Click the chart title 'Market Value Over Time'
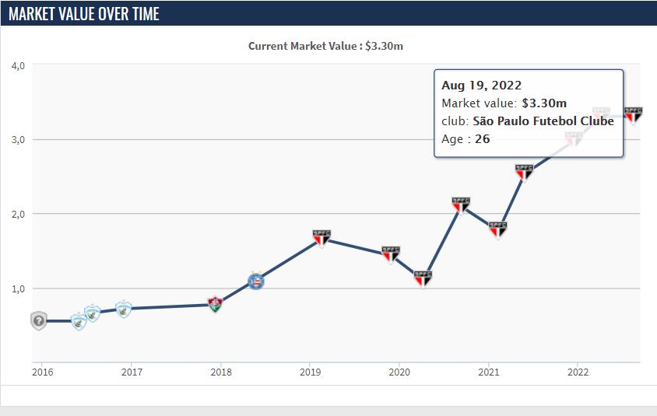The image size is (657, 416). point(84,13)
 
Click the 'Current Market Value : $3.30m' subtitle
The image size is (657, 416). point(325,46)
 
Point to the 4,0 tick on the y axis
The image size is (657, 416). point(19,65)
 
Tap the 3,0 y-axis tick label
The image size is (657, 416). point(19,140)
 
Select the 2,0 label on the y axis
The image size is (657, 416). point(19,214)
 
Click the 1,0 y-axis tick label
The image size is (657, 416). point(19,288)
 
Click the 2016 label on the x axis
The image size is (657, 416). point(42,372)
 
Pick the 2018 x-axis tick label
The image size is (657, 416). point(220,372)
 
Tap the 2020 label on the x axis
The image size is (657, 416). point(399,372)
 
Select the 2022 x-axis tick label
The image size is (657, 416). point(577,372)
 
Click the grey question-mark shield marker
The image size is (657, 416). point(39,320)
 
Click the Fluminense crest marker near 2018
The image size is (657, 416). point(216,304)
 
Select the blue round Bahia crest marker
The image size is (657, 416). point(255,281)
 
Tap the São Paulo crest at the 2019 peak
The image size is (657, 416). point(321,238)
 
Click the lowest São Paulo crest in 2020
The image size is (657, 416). point(423,278)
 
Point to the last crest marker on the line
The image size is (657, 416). point(634,115)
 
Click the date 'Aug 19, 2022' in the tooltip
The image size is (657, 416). point(481,86)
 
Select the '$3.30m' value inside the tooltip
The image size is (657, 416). point(544,103)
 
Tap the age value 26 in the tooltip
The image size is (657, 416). point(482,139)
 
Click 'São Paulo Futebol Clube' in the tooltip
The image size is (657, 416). point(543,121)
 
